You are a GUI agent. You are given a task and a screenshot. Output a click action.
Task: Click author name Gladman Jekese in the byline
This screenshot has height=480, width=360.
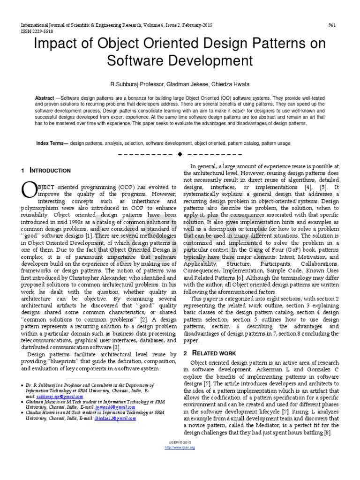172,85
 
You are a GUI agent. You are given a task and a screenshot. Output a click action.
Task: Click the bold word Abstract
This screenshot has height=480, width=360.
45,98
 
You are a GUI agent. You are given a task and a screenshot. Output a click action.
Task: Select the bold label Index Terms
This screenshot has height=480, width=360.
52,143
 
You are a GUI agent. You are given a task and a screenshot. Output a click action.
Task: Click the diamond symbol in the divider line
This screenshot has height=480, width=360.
180,154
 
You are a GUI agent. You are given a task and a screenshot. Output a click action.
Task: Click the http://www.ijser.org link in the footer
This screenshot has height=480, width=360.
180,448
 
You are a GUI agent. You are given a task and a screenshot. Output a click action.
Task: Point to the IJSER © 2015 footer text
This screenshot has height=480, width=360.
180,443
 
